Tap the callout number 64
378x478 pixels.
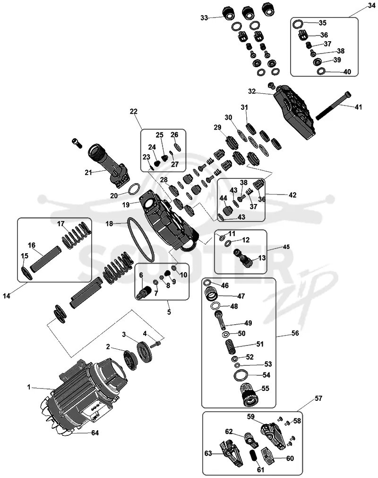[x=95, y=433]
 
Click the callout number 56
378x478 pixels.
[x=295, y=333]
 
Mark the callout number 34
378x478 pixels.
[x=371, y=6]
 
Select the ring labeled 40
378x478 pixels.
[x=321, y=71]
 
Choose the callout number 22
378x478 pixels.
[x=134, y=112]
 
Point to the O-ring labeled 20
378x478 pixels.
[x=134, y=189]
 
